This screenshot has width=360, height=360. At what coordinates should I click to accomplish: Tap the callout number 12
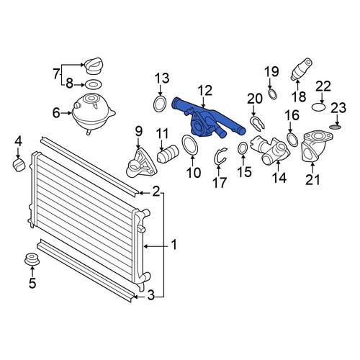pyautogui.click(x=205, y=91)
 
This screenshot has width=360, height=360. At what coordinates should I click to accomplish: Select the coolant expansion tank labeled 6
pyautogui.click(x=93, y=113)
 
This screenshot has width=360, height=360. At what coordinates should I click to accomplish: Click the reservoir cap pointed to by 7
pyautogui.click(x=94, y=66)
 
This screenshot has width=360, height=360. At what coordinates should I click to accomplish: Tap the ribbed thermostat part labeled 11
pyautogui.click(x=168, y=154)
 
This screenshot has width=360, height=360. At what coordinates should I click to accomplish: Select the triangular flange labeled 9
pyautogui.click(x=141, y=164)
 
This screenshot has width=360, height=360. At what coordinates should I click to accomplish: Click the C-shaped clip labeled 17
pyautogui.click(x=217, y=156)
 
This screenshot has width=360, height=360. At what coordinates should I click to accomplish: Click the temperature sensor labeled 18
pyautogui.click(x=302, y=69)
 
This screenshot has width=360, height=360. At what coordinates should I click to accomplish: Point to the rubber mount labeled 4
pyautogui.click(x=19, y=165)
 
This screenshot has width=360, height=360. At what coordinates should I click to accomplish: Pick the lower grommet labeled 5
pyautogui.click(x=32, y=259)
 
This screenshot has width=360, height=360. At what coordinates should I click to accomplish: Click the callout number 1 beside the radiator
pyautogui.click(x=174, y=245)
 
